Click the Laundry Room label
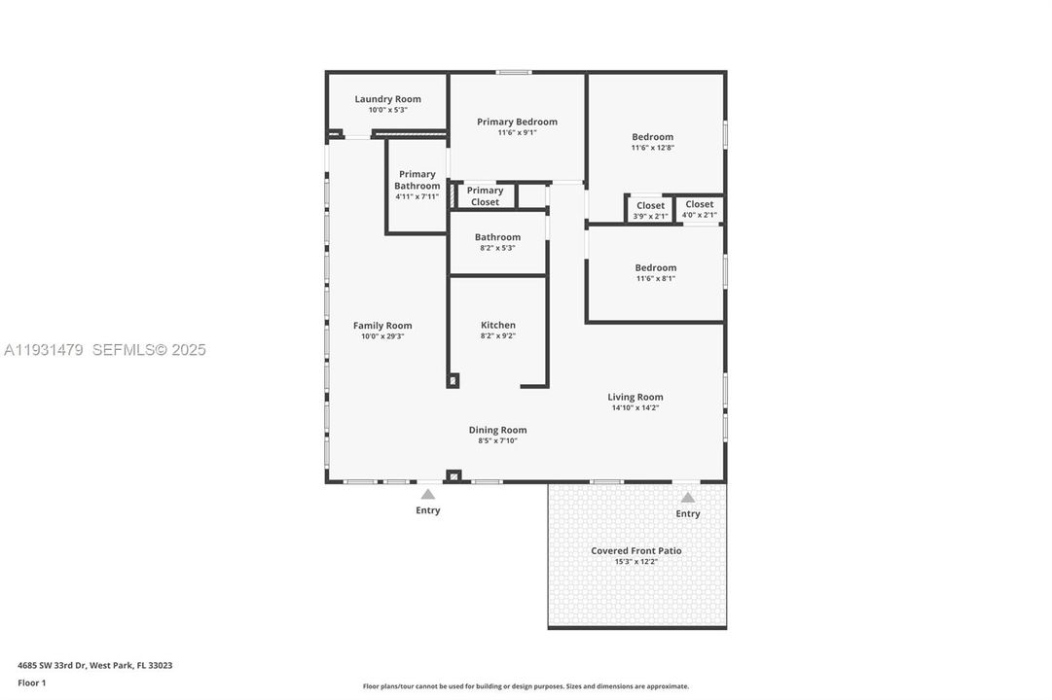(387, 99)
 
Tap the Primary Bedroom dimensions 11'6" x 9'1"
(517, 133)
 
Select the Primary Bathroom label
(417, 180)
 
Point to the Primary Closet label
(485, 196)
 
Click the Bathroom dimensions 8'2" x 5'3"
(497, 248)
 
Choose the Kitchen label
(497, 325)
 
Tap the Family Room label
(382, 326)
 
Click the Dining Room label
(497, 430)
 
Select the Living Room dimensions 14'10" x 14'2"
(635, 408)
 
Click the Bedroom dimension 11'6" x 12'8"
(652, 148)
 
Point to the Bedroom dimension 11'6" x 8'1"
(655, 278)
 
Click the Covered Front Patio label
(636, 550)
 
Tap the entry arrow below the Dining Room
(428, 495)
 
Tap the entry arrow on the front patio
(687, 498)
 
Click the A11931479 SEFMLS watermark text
(104, 350)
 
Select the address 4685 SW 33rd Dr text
(94, 666)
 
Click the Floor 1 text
(31, 682)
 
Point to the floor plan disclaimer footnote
(526, 686)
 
